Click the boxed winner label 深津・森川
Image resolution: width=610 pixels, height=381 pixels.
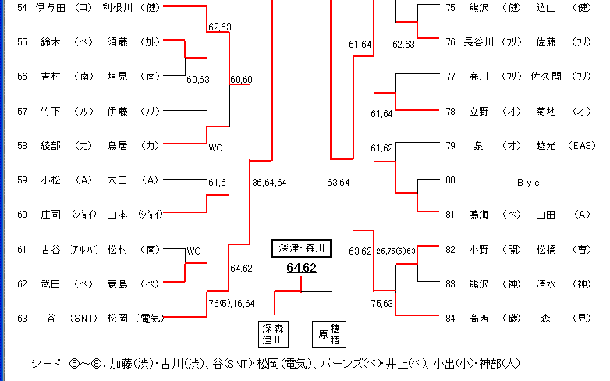(302, 248)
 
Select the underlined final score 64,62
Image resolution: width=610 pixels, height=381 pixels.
(302, 268)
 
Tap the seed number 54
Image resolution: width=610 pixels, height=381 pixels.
(21, 8)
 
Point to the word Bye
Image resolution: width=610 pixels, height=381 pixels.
(528, 183)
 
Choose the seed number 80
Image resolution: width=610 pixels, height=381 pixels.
(451, 180)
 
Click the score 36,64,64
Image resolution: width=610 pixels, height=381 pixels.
(270, 183)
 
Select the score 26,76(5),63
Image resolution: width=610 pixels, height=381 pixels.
(395, 251)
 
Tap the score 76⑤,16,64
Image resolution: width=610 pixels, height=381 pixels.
(231, 304)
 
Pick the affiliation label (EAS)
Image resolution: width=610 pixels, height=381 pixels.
(581, 146)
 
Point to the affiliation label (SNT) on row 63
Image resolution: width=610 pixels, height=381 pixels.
(82, 318)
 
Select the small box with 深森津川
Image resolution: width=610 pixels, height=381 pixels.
(274, 333)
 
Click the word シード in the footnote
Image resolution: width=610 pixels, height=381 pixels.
(44, 364)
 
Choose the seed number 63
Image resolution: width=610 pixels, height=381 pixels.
(21, 318)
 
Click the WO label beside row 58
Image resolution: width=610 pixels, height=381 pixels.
(216, 147)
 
